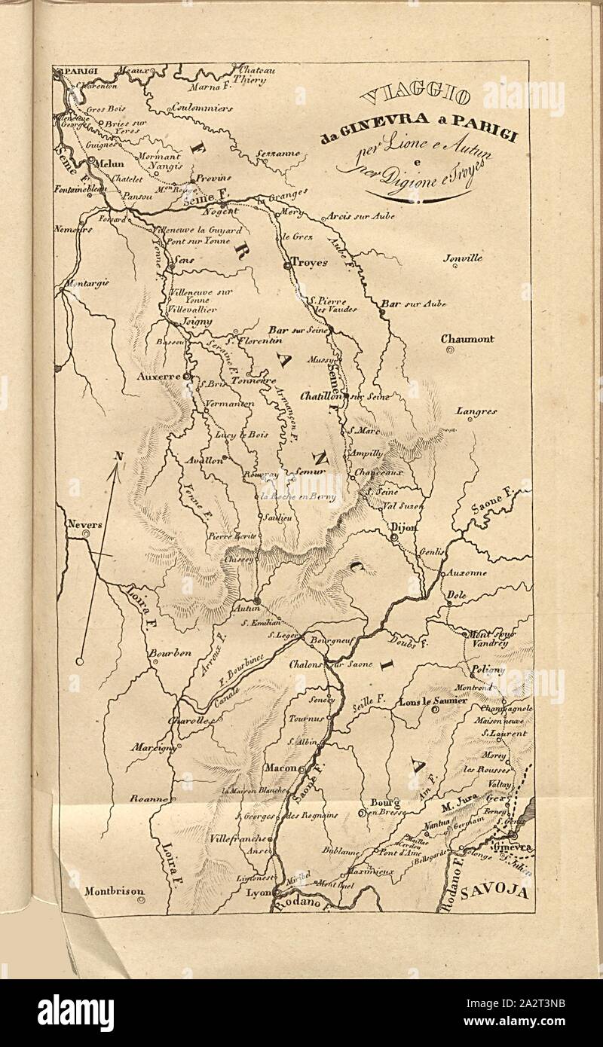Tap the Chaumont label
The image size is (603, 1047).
pyautogui.click(x=467, y=339)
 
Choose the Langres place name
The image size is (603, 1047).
pyautogui.click(x=476, y=411)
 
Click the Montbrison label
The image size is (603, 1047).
pyautogui.click(x=113, y=890)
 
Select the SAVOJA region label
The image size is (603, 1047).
pyautogui.click(x=495, y=892)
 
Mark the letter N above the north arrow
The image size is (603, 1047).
pyautogui.click(x=118, y=455)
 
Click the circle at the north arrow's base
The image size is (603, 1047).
pyautogui.click(x=79, y=662)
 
